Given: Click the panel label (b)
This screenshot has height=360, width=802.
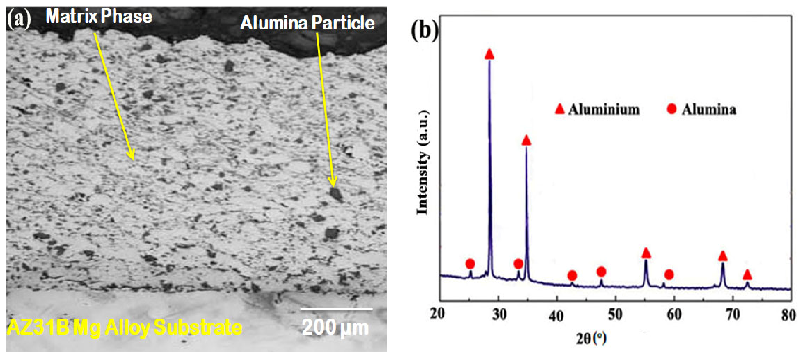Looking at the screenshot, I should click(x=424, y=31).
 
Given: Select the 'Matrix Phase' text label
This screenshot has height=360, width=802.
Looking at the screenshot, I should click(x=99, y=16).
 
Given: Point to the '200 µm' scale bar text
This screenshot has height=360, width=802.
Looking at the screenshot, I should click(x=335, y=328).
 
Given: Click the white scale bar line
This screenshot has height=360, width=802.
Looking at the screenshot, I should click(x=336, y=309).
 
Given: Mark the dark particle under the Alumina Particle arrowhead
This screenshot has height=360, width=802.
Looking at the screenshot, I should click(x=336, y=194).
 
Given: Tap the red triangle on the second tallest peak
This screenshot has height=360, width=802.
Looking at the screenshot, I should click(x=526, y=141).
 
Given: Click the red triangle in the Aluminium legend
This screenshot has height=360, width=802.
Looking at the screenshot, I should click(x=560, y=109).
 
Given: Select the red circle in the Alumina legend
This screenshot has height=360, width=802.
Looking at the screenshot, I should click(x=672, y=109).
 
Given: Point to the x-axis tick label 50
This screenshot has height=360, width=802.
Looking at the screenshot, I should click(x=615, y=315).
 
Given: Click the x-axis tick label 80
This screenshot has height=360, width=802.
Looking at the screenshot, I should click(x=788, y=315).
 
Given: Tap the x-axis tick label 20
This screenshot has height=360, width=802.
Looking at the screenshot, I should click(x=438, y=314).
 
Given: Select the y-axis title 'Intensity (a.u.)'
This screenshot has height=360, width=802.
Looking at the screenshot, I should click(x=423, y=162).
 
